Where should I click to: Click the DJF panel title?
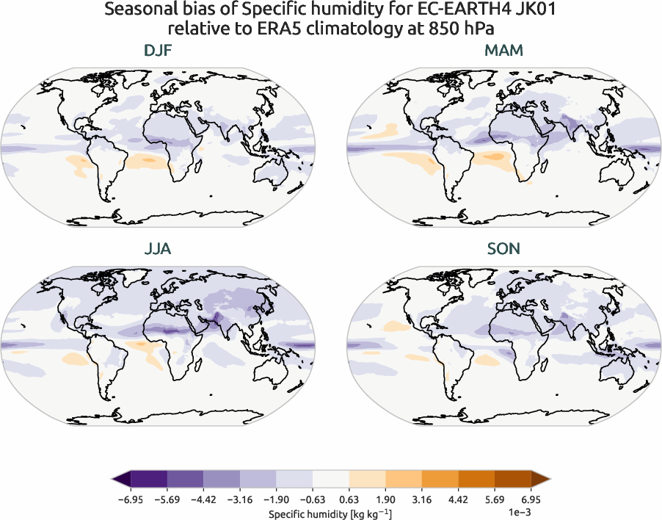tap(158, 51)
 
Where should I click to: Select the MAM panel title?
tap(504, 51)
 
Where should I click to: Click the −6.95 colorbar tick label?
tap(130, 499)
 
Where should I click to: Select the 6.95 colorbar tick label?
tap(531, 499)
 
